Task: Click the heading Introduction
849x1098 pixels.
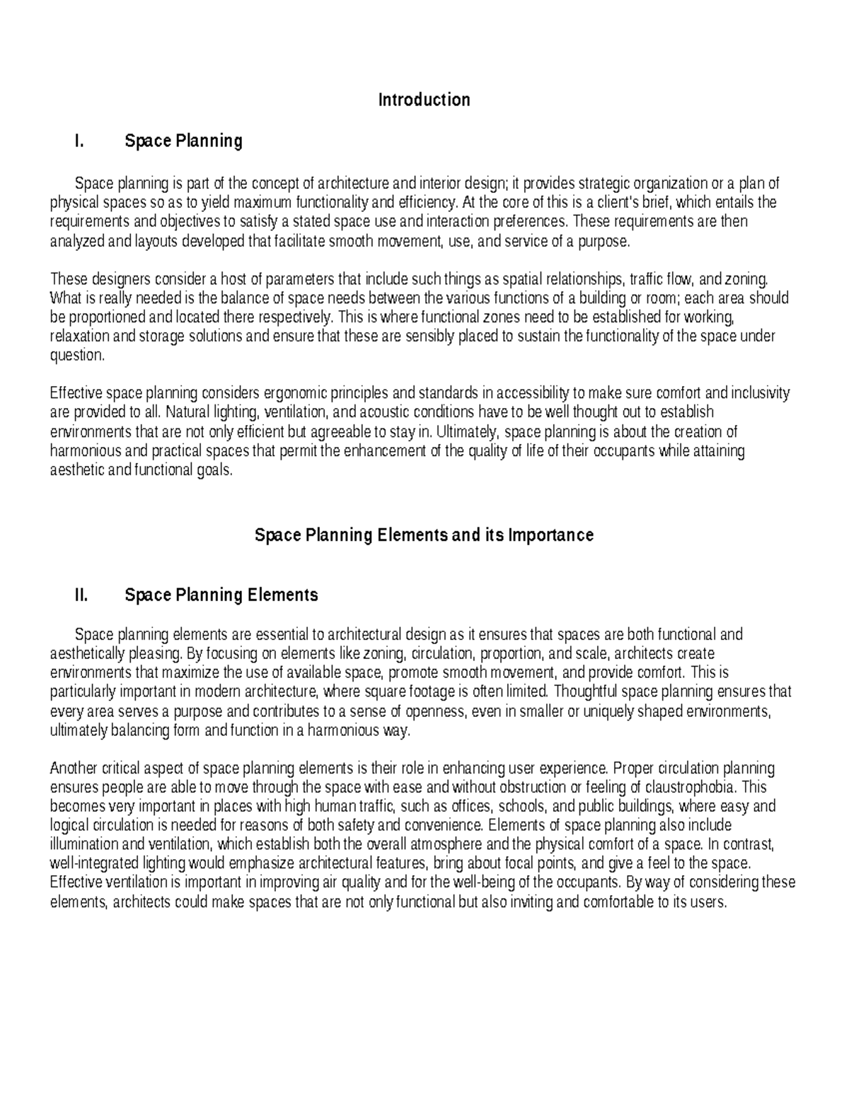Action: [424, 100]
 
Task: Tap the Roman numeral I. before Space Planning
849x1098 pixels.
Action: [79, 141]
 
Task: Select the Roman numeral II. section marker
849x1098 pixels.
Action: [81, 595]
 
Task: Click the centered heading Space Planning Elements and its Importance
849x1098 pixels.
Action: [423, 535]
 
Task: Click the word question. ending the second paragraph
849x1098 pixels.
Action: [77, 355]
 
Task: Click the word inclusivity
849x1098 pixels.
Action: [761, 393]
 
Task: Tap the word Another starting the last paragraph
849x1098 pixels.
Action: [74, 768]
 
